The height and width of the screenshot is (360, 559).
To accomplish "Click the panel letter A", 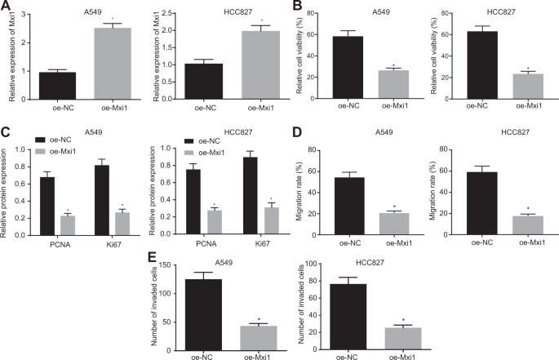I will (x=6, y=7).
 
